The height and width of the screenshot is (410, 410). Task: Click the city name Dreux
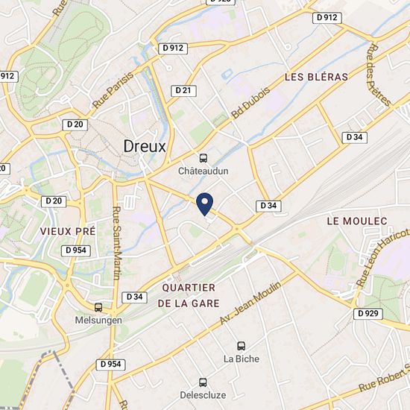145,146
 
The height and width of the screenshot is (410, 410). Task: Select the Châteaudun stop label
203,171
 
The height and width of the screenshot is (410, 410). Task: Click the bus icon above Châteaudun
203,158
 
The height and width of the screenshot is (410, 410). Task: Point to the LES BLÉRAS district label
317,77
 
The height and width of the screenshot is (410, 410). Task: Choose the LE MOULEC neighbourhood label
357,221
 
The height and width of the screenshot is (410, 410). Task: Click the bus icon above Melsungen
98,307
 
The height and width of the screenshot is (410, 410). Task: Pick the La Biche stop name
242,359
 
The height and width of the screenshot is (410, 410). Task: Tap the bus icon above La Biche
241,346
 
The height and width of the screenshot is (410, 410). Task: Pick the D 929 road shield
367,313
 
